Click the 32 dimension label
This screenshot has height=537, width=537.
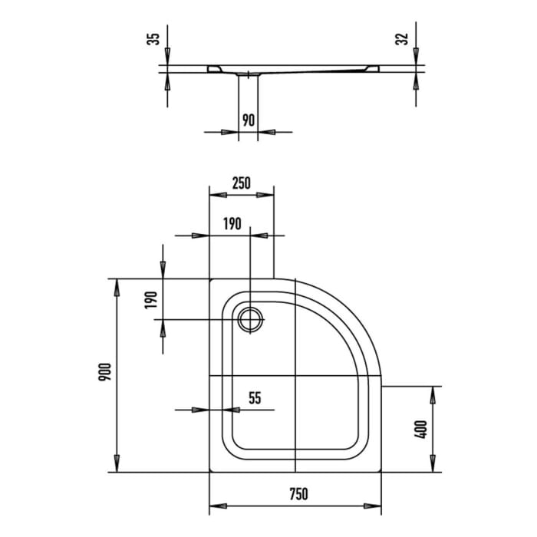[402, 38]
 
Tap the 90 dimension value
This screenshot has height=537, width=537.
[249, 120]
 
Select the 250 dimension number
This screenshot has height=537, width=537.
[242, 183]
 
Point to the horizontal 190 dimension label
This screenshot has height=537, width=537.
[232, 224]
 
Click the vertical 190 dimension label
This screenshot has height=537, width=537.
[150, 300]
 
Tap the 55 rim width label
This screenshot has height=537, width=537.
[255, 398]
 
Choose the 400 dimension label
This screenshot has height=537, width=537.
[421, 429]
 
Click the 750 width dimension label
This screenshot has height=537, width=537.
[298, 494]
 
